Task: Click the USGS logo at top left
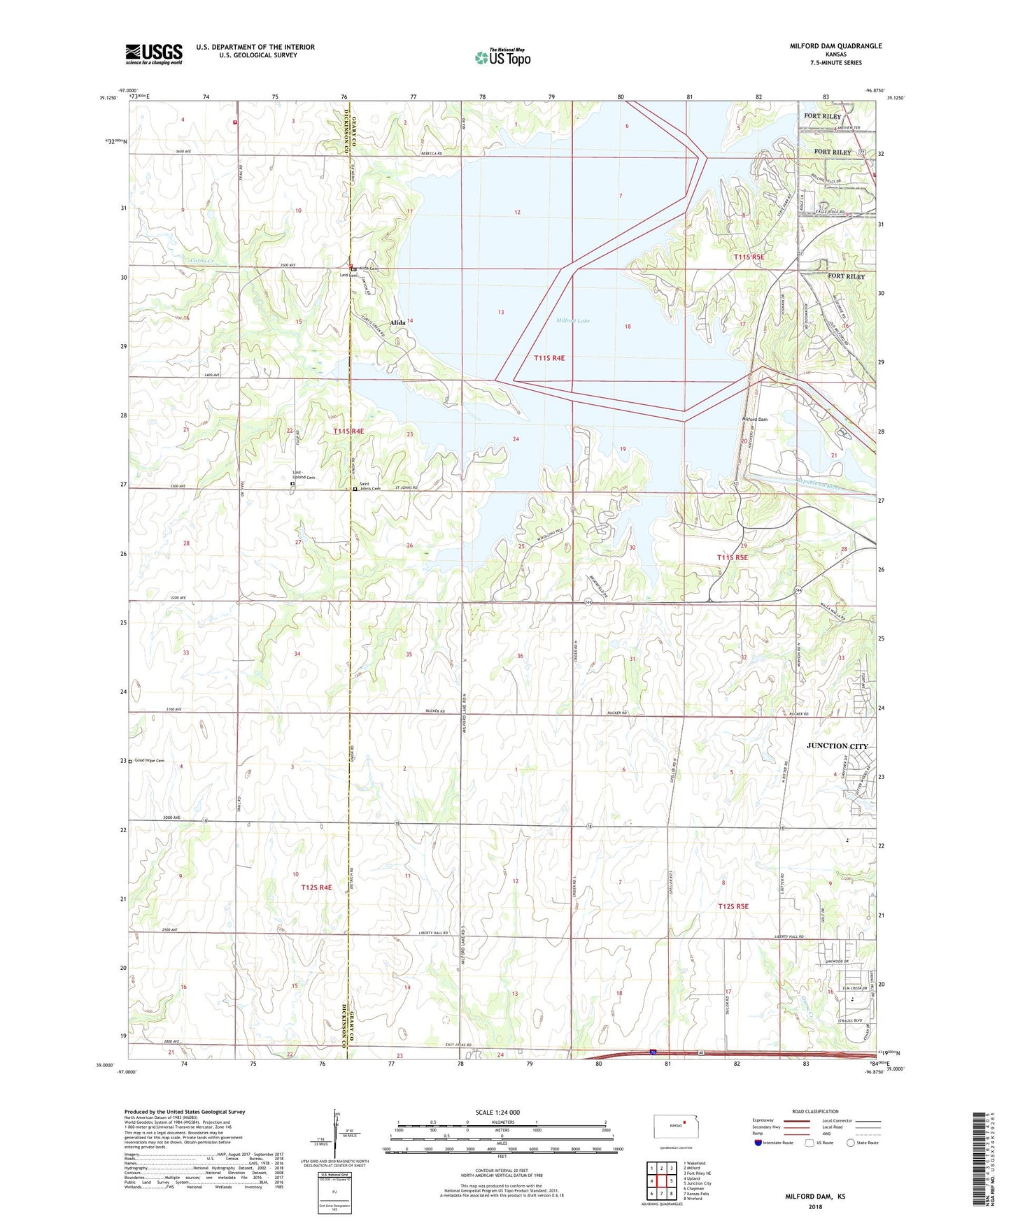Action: (x=153, y=54)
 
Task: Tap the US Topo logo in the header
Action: (x=502, y=57)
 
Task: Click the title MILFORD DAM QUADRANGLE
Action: (x=835, y=46)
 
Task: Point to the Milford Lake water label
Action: (x=573, y=321)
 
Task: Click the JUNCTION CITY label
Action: (x=837, y=746)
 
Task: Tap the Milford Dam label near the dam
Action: (x=754, y=420)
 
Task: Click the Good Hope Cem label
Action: (x=149, y=761)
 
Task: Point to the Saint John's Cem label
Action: (x=369, y=488)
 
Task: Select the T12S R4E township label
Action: (x=316, y=887)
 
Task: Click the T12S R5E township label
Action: (x=733, y=906)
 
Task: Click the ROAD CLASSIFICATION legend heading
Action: (x=815, y=1111)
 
